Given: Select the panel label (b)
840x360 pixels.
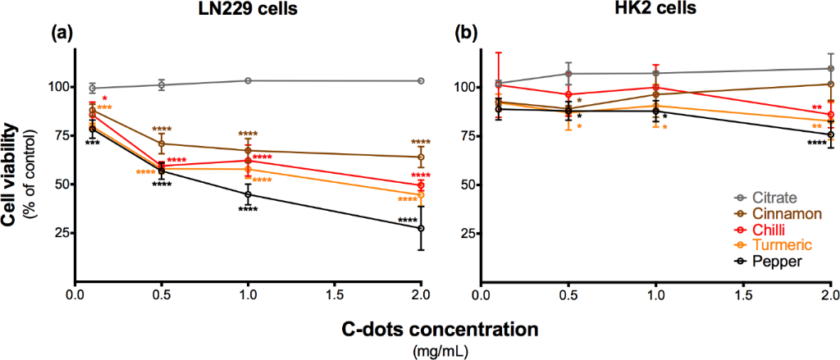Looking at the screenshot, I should pyautogui.click(x=466, y=34).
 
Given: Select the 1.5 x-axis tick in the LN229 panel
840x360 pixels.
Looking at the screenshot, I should pyautogui.click(x=334, y=291).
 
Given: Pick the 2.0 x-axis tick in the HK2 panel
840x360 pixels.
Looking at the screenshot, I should pyautogui.click(x=829, y=291).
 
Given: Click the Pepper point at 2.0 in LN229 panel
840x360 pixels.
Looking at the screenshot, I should pyautogui.click(x=421, y=228).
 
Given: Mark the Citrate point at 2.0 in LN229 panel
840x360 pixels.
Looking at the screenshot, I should pyautogui.click(x=421, y=80).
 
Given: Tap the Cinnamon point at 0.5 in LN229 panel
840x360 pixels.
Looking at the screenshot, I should pyautogui.click(x=162, y=144).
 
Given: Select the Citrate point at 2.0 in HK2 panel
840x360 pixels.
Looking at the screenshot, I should pyautogui.click(x=830, y=69).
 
